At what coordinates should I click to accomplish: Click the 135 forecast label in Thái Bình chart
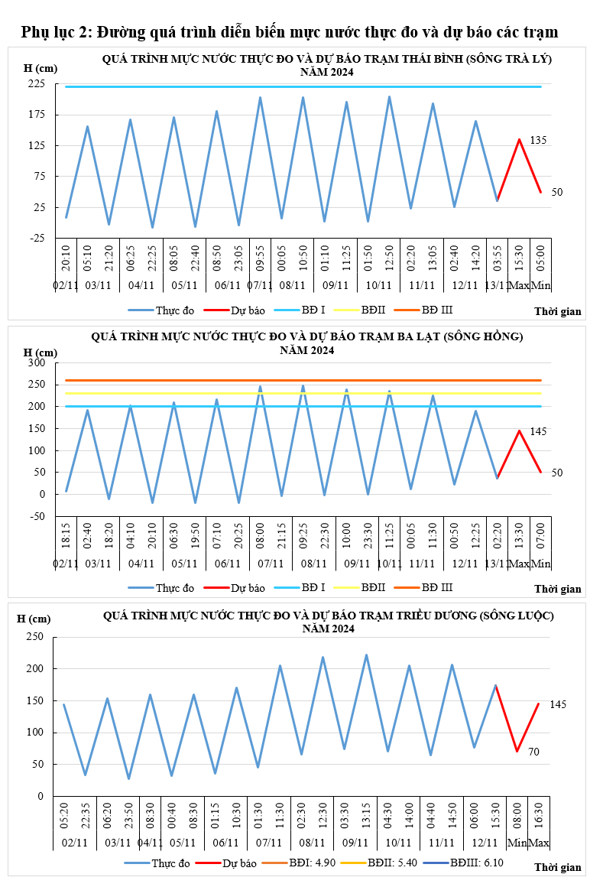pos(538,141)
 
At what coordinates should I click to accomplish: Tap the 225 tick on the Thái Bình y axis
pos(36,84)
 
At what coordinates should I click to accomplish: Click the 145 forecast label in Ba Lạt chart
pos(538,432)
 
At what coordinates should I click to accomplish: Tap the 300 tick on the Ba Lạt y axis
pos(36,362)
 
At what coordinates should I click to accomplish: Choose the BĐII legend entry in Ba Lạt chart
pos(373,588)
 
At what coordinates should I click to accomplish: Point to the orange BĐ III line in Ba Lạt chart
pos(306,380)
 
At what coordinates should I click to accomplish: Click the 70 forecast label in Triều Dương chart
pos(533,752)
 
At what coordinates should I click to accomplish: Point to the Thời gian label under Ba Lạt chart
pos(558,590)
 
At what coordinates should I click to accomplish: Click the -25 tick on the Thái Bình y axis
pos(36,239)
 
